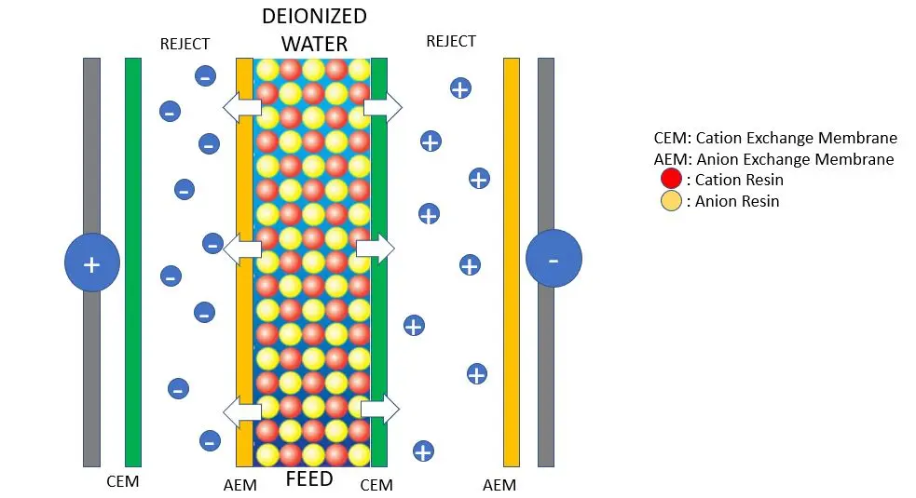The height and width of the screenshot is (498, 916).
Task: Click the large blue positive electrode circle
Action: (92, 262)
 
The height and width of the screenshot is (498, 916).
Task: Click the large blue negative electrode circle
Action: (554, 258)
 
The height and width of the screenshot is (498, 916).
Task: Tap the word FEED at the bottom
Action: (309, 479)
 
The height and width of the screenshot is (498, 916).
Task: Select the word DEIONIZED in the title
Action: (314, 17)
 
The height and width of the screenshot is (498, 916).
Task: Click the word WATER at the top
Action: (314, 44)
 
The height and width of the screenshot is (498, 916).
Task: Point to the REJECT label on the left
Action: (185, 44)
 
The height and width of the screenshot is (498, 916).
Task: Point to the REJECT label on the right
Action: (451, 41)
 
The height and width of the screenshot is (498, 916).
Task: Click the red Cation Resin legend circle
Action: (671, 179)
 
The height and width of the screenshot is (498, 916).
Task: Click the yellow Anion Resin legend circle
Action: (671, 201)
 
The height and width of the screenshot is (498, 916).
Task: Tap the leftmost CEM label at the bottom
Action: (123, 481)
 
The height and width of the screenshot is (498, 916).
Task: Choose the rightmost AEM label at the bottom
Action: (499, 485)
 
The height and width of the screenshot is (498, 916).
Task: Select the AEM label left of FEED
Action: (240, 485)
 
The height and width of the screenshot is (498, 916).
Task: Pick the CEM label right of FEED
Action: (376, 485)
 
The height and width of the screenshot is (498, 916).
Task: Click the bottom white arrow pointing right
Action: (380, 409)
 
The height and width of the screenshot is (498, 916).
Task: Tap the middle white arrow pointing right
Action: (376, 249)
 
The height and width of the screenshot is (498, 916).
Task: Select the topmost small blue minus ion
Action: (205, 76)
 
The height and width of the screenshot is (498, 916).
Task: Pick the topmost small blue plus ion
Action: (460, 88)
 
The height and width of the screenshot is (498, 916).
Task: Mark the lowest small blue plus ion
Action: (423, 451)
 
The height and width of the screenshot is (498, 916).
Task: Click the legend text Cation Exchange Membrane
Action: (796, 138)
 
